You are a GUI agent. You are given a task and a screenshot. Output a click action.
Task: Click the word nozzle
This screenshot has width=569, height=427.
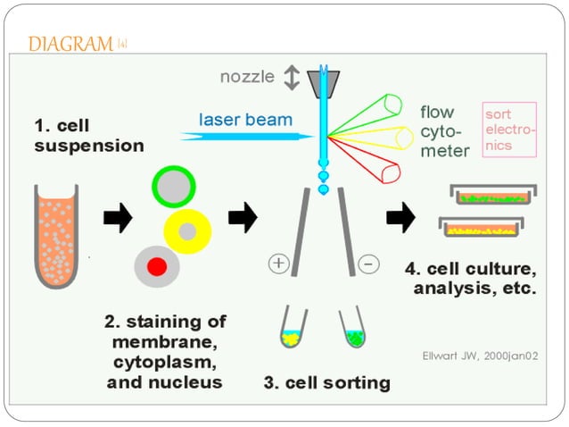tap(247, 77)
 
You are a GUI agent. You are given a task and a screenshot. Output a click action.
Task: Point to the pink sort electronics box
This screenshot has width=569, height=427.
tap(509, 130)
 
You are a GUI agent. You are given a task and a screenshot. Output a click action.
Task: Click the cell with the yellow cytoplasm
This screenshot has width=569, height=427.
tap(188, 231)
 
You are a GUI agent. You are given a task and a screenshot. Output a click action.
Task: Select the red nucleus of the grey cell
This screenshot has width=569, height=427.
tap(156, 265)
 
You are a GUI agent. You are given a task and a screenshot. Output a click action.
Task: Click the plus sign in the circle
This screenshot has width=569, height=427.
tap(278, 264)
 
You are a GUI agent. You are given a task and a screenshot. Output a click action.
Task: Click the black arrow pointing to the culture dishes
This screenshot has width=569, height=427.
tap(401, 215)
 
